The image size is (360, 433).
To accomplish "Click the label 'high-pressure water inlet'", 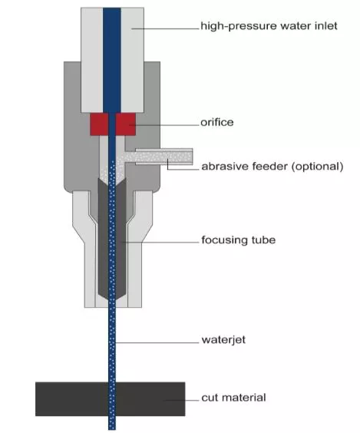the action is (269, 26).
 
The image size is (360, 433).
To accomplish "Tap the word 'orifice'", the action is (217, 122).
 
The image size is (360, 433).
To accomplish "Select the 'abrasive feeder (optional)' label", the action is (272, 167).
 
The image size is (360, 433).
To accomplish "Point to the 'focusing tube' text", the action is (238, 240).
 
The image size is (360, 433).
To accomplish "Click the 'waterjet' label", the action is (223, 339).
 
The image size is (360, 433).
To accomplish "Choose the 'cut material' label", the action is (233, 398).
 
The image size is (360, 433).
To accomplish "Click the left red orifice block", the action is (99, 124).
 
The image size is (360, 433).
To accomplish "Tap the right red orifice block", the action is (126, 124).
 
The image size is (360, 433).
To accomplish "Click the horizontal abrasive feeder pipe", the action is (164, 157).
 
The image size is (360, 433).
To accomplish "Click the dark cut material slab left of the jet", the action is (72, 399).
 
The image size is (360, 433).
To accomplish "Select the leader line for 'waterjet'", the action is (157, 342).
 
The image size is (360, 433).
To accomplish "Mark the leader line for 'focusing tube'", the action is (160, 242).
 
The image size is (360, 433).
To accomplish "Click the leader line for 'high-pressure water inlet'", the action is (165, 28).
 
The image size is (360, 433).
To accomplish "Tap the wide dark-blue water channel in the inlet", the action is (112, 60).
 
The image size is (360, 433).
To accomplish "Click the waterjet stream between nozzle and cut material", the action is (112, 345).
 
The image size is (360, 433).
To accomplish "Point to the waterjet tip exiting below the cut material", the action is (112, 423).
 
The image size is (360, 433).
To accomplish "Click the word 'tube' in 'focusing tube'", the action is (263, 240).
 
